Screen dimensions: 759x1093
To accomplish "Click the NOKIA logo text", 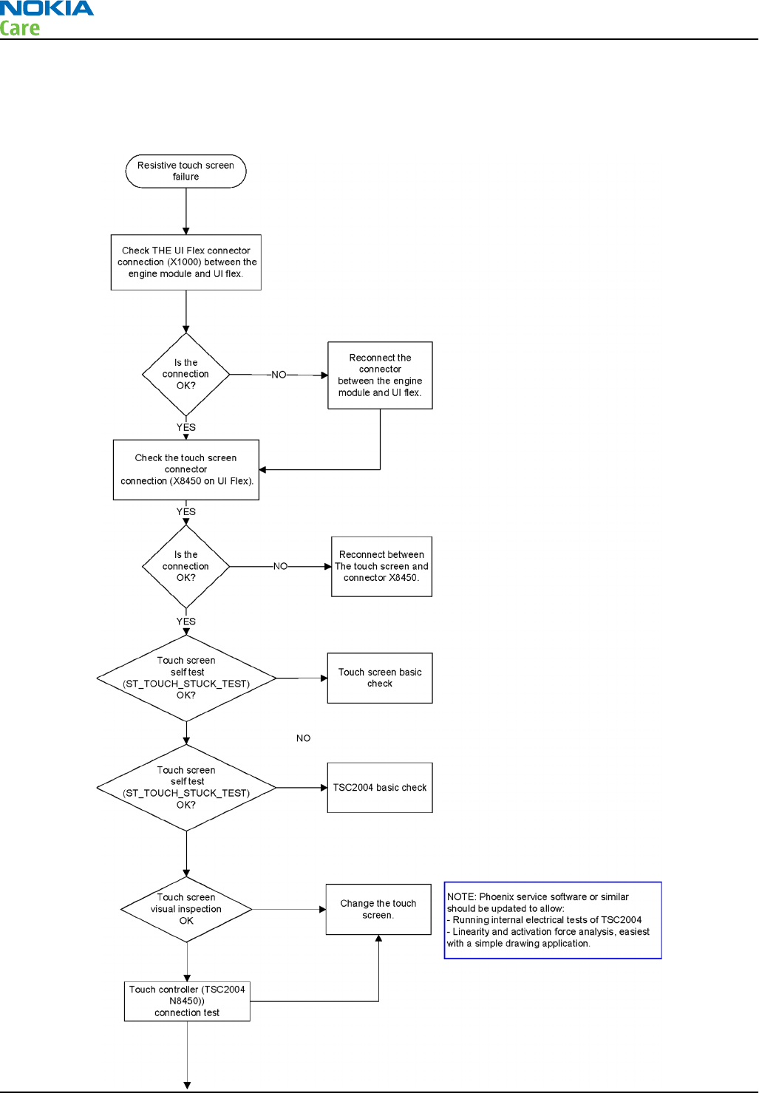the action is pos(47,8).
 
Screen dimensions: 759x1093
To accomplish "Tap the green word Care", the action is pos(19,28).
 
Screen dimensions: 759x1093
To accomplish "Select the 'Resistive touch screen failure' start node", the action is pos(186,171).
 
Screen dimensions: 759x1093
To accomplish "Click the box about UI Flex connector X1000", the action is pos(186,262).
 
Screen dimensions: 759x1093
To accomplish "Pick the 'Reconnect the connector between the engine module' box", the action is pos(380,375).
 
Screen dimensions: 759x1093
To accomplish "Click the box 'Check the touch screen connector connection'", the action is pos(186,470).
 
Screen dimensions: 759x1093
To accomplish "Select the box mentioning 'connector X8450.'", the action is pos(381,567).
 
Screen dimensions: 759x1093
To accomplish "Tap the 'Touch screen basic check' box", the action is pos(380,678).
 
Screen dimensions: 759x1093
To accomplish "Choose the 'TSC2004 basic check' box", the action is pos(380,788).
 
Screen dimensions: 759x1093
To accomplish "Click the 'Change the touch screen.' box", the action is pos(378,909).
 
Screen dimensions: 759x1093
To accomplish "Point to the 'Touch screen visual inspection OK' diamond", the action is pos(186,909).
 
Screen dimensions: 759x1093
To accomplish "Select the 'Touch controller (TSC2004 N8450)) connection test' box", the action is pos(187,1001).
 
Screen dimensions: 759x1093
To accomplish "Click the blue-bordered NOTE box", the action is pos(553,920).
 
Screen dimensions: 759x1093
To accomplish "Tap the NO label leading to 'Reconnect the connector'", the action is pos(279,375).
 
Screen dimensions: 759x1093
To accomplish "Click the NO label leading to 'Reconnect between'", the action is pos(280,567).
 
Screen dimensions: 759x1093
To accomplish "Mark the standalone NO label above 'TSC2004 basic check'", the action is pos(303,738).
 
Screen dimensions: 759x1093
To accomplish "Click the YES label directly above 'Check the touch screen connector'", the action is pos(186,427).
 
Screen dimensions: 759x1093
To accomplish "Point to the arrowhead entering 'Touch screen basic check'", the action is pos(324,678).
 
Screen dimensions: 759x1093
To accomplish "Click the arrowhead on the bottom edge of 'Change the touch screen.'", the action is pos(378,938).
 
